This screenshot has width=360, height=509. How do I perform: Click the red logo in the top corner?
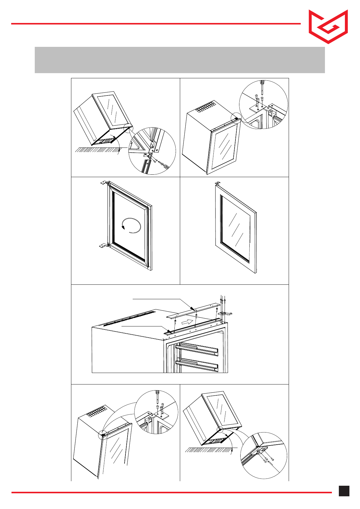pos(328,27)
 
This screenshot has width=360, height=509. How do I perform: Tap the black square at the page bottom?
pos(344,491)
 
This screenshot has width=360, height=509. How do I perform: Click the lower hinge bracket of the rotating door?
pos(104,245)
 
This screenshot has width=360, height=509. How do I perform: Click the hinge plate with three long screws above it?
pos(225,313)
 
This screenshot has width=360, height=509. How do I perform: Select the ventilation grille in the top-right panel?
pos(206,108)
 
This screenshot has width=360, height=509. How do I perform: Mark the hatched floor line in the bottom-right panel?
pos(209,450)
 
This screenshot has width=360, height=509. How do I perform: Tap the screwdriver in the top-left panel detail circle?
pos(165,165)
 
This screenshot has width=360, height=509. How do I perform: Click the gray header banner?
pos(180,60)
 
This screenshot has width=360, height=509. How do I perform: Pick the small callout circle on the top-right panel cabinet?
pos(235,118)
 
